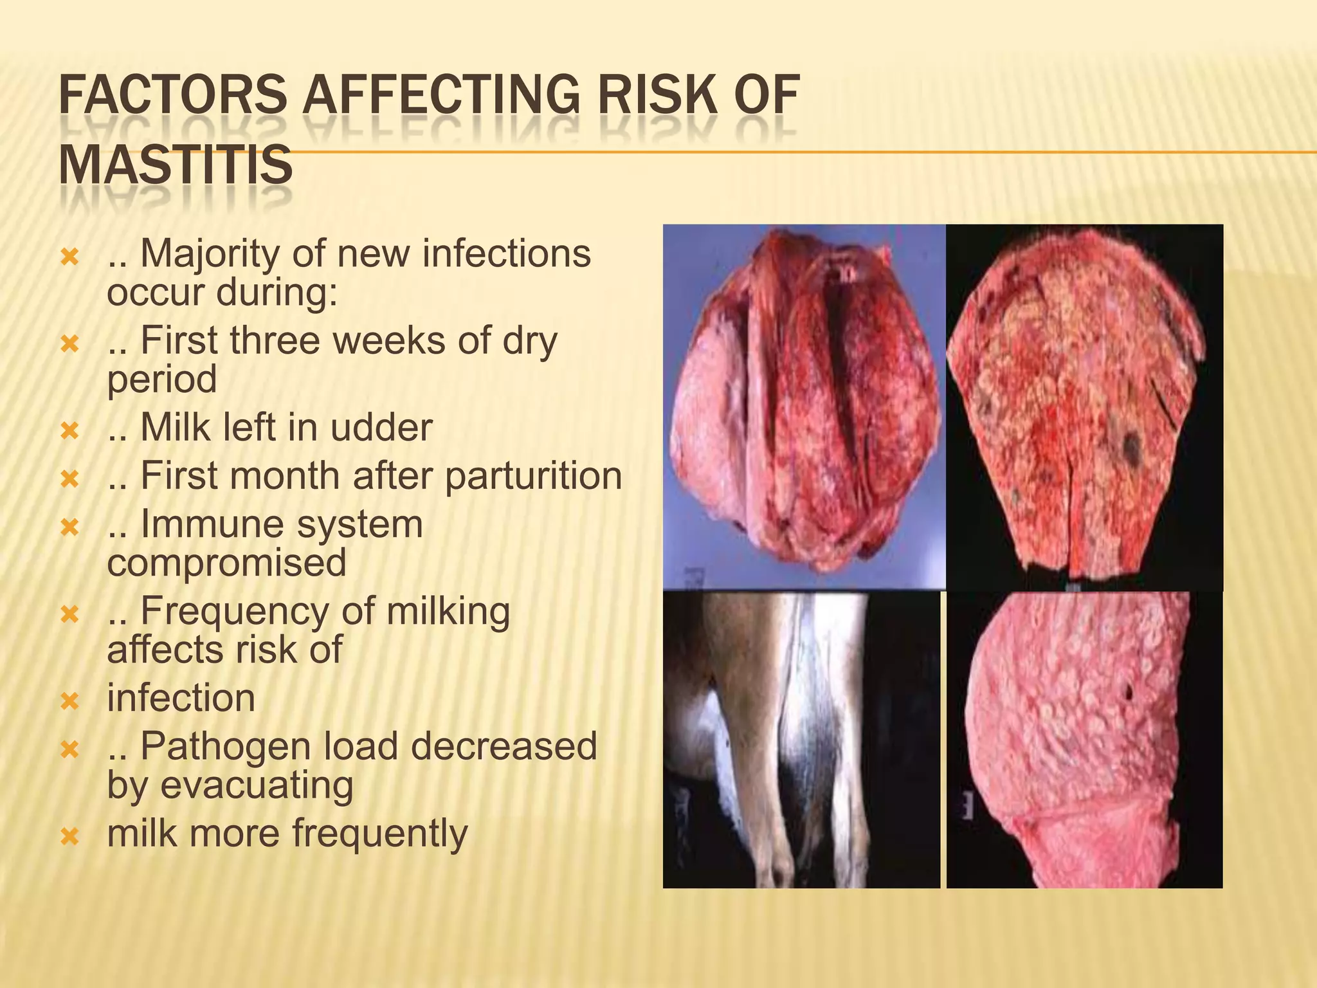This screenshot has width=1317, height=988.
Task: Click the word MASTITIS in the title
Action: (176, 165)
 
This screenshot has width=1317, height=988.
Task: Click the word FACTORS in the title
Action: (172, 95)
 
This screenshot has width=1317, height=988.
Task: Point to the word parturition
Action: (533, 476)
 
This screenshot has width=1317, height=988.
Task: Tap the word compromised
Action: (226, 562)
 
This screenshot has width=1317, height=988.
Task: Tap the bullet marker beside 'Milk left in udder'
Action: (69, 430)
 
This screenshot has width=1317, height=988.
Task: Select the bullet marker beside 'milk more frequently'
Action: (69, 836)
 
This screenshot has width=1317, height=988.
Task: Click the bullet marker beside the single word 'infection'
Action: (69, 700)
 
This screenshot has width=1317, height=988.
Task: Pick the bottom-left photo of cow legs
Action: (801, 740)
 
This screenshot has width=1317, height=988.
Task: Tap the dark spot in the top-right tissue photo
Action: (1131, 443)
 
